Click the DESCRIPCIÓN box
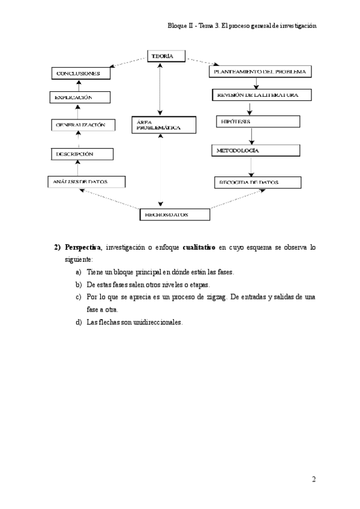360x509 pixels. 82,154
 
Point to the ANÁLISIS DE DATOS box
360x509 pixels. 86,181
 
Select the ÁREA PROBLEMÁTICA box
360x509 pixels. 163,125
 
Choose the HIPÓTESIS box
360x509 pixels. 257,122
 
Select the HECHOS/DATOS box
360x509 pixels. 175,214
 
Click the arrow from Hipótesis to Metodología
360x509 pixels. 250,136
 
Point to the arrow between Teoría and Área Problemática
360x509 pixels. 160,87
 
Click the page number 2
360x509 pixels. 314,479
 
